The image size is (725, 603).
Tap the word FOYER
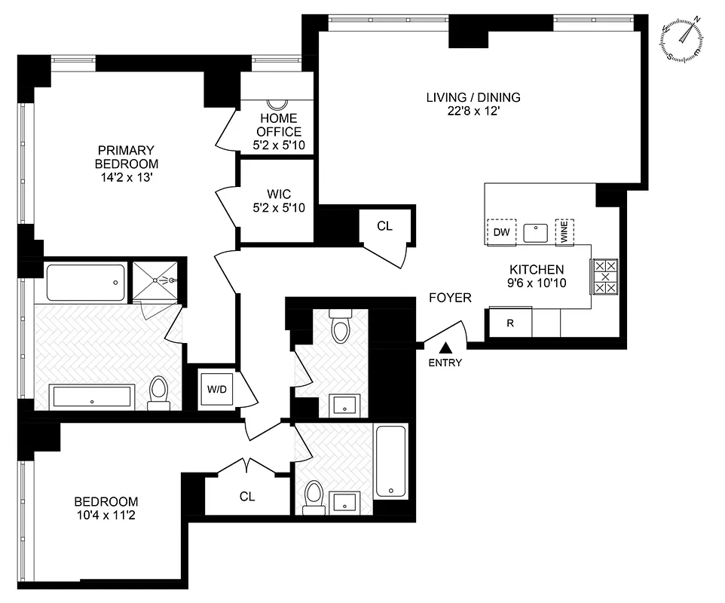(x=450, y=298)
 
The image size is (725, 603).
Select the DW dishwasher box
(x=501, y=232)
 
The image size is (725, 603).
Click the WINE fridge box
(x=564, y=231)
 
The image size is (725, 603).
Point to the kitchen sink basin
(x=535, y=232)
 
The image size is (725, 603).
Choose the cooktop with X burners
(x=604, y=277)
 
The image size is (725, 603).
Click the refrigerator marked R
(x=510, y=323)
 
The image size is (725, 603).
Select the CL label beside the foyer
(x=384, y=225)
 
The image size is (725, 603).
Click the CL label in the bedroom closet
(x=247, y=497)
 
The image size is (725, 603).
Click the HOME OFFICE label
(x=278, y=125)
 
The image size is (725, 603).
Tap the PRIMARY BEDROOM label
(x=126, y=157)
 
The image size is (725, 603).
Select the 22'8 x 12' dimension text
(x=473, y=111)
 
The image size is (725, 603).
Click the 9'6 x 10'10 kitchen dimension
(x=537, y=283)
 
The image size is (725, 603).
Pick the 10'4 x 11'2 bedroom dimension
(x=106, y=516)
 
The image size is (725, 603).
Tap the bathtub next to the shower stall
(x=85, y=282)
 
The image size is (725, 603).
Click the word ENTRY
(x=445, y=363)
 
